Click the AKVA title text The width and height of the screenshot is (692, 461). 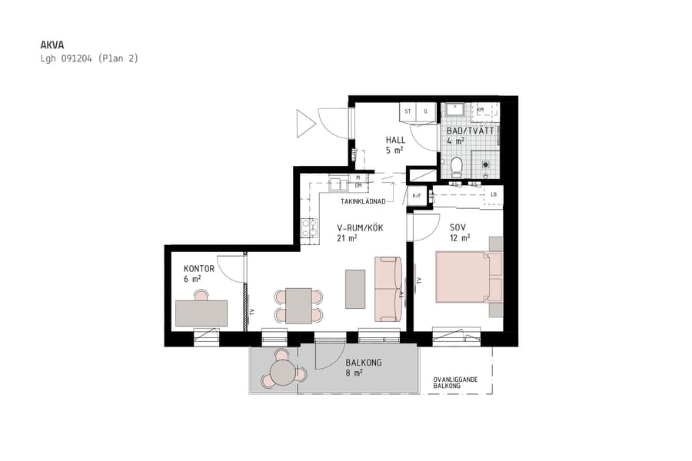point(52,45)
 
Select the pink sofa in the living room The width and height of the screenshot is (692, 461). point(388,288)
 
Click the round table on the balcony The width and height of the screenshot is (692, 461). point(282,373)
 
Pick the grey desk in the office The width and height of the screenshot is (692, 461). point(201,313)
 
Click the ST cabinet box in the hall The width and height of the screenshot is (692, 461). point(408,111)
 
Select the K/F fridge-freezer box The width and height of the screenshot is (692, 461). point(417,196)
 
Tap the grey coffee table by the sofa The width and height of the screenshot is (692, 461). point(355,288)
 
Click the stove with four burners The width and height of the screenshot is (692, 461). point(309,227)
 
